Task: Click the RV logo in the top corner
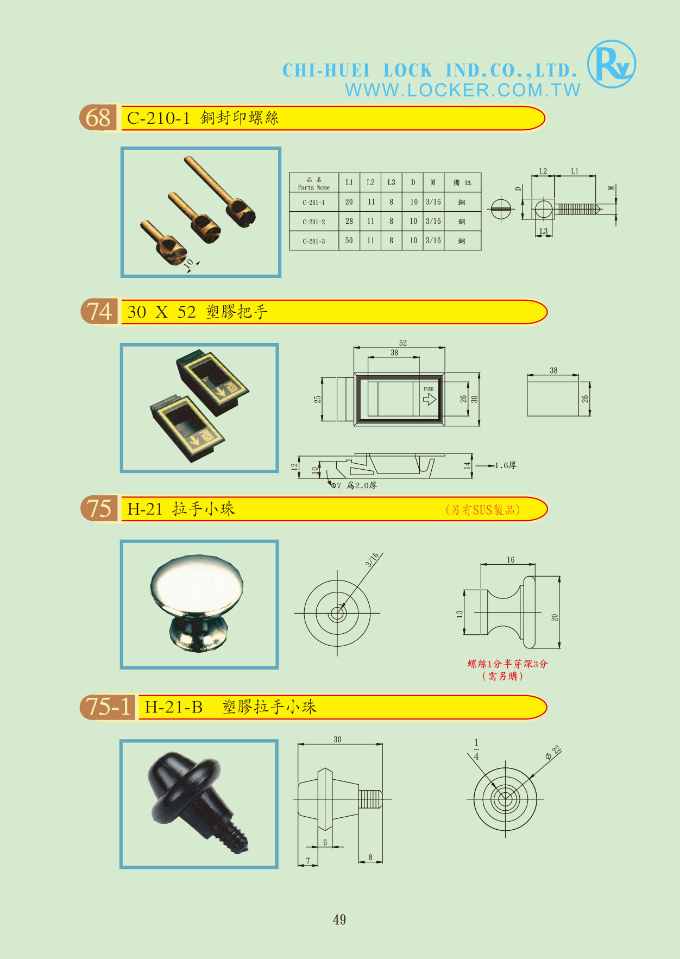coord(612,64)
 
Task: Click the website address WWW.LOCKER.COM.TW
coord(463,90)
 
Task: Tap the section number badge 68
coord(98,118)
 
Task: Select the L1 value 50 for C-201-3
coord(349,241)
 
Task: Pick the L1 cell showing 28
coord(349,221)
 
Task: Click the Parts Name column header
coord(314,184)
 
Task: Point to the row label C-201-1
coord(314,203)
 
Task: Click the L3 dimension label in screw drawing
coord(544,231)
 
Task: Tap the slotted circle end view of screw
coord(501,209)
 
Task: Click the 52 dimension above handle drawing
coord(402,343)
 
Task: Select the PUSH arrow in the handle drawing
coord(429,399)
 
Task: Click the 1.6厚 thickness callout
coord(505,465)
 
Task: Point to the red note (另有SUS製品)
coord(483,510)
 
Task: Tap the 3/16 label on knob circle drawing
coord(373,559)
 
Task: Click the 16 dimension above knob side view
coord(511,559)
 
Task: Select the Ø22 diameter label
coord(553,753)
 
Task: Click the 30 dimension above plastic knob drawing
coord(337,739)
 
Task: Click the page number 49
coord(339,919)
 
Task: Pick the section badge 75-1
coord(108,707)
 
